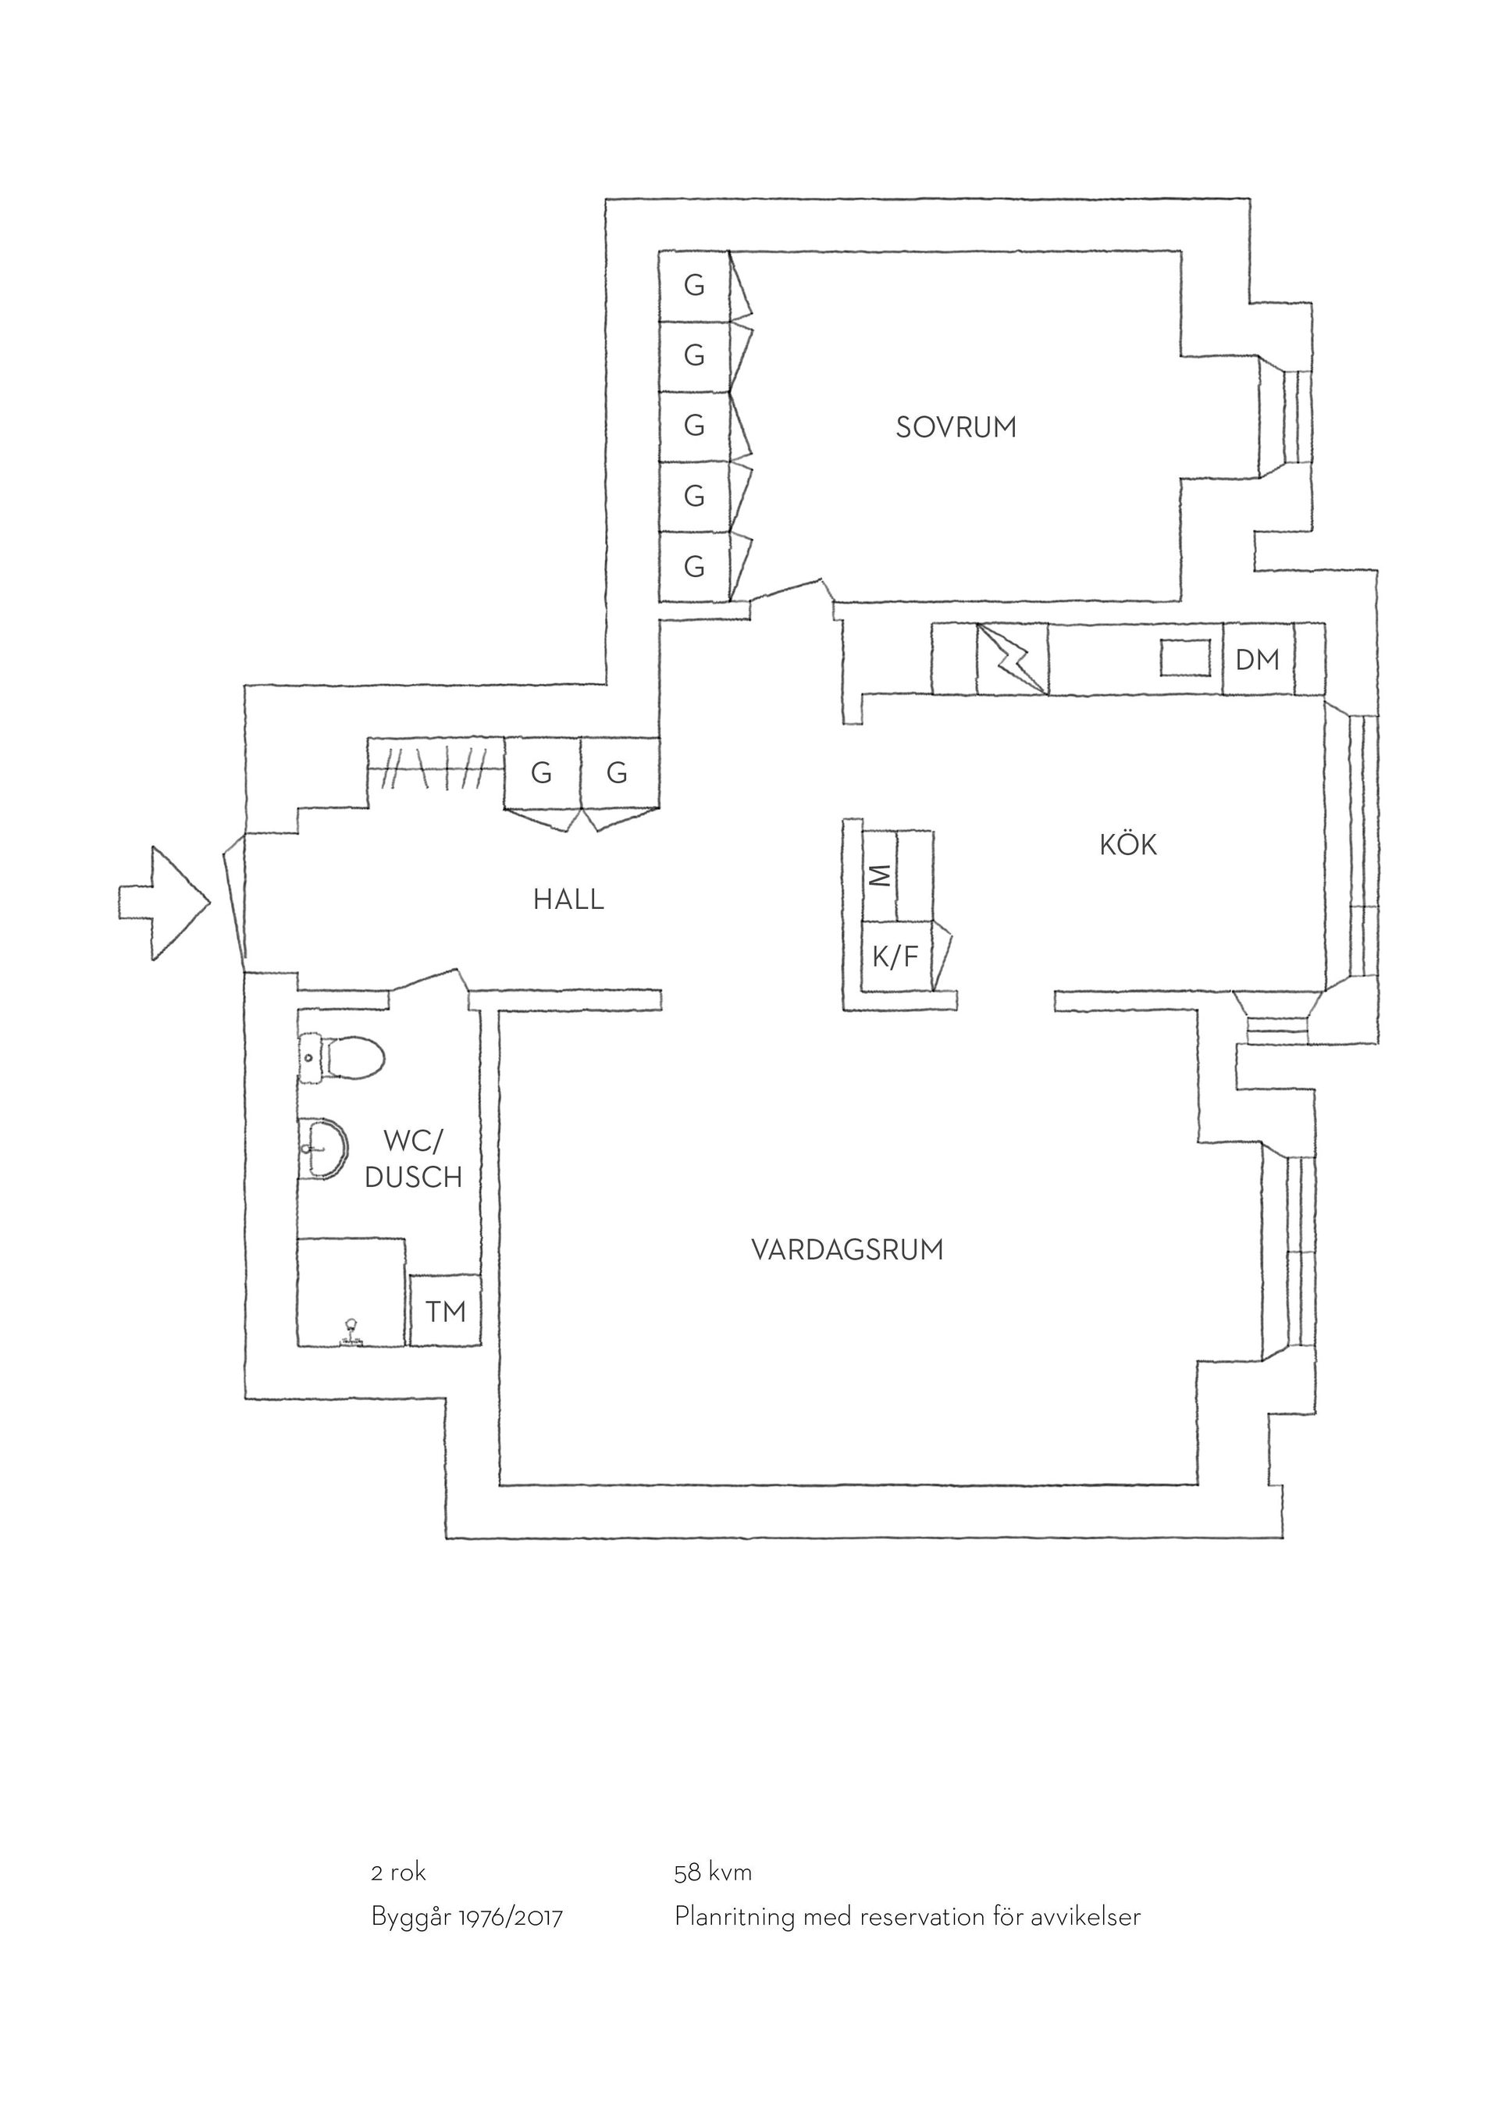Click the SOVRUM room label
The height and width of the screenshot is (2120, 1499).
coord(956,427)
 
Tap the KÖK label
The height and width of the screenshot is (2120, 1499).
coord(1128,844)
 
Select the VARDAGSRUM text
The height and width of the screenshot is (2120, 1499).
coord(847,1250)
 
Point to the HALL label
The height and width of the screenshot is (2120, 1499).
coord(568,900)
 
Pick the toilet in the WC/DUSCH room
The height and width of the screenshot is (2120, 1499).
coord(340,1057)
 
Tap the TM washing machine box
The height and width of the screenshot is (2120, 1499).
coord(445,1310)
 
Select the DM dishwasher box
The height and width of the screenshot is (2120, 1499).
coord(1258,659)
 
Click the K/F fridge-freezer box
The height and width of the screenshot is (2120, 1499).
coord(896,957)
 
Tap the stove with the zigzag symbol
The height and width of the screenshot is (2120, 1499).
coord(1013,659)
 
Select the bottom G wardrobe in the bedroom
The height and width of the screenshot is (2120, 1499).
coord(694,566)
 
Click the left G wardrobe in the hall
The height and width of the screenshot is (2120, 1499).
coord(542,773)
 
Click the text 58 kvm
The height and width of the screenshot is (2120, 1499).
coord(713,1872)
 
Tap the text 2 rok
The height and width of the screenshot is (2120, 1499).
coord(398,1872)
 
